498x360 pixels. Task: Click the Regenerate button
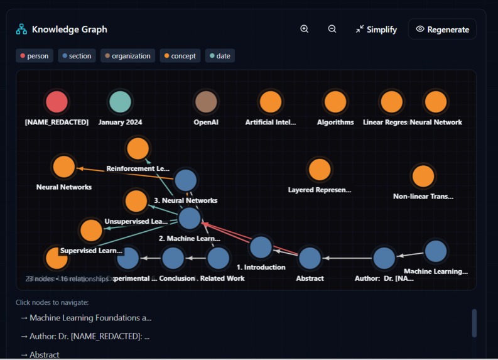(x=442, y=30)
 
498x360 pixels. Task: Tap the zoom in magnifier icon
(x=305, y=29)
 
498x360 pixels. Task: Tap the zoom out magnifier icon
(x=332, y=29)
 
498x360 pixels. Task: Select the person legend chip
(x=35, y=56)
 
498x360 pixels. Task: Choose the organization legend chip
(x=127, y=56)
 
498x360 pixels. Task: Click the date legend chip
(x=220, y=56)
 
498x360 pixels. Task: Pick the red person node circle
(x=57, y=102)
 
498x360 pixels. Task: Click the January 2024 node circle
(x=120, y=102)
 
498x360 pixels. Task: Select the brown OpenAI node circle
(x=206, y=102)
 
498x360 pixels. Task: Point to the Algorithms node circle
(x=335, y=102)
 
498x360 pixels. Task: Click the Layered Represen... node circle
(x=320, y=170)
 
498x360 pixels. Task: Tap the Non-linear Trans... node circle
(x=423, y=177)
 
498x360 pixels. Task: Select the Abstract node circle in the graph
(x=310, y=258)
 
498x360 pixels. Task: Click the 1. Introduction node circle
(x=261, y=247)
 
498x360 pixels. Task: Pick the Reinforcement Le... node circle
(x=138, y=149)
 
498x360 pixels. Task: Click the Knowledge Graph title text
(x=70, y=30)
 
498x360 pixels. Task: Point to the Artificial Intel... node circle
(x=271, y=102)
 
